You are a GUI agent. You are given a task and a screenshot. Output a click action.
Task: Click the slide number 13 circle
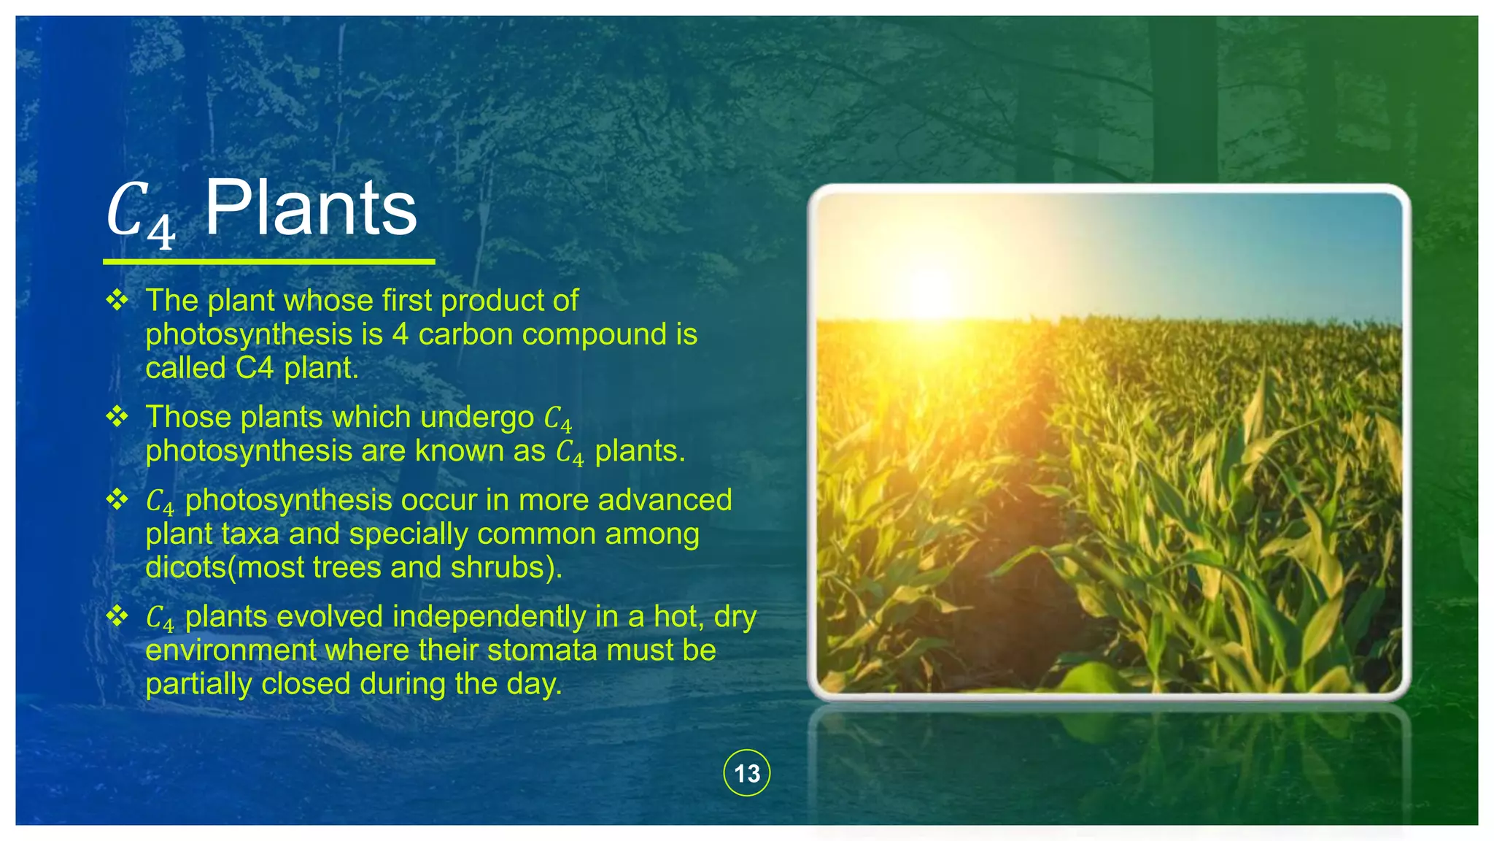[x=746, y=773]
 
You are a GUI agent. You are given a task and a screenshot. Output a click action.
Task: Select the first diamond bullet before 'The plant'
[x=117, y=300]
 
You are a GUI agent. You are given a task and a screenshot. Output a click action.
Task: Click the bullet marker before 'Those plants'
[x=117, y=417]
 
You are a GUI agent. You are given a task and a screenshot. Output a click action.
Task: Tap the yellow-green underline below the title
[x=268, y=261]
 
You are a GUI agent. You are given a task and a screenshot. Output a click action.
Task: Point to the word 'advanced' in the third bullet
[x=665, y=500]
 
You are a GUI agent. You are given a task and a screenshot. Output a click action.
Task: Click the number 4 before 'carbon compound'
[x=400, y=334]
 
